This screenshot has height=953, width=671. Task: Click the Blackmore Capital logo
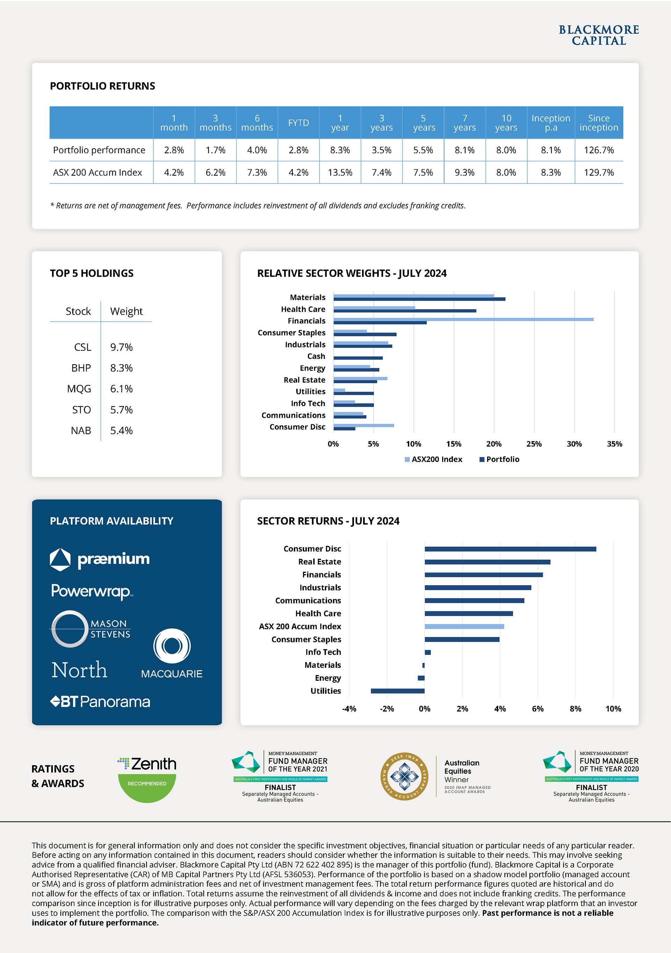coord(598,35)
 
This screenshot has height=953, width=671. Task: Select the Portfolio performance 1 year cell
coord(340,150)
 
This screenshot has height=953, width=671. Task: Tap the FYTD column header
coord(298,123)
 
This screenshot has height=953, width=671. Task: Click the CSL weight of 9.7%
coord(121,347)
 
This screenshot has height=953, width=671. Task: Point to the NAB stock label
coord(81,431)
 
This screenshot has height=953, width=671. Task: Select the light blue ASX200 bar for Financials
coord(463,320)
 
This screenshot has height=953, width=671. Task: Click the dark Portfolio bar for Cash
coord(358,358)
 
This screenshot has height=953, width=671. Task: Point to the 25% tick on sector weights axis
coord(534,444)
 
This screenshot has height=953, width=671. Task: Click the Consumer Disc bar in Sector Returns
coord(510,549)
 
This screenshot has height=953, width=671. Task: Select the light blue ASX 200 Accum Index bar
coord(464,627)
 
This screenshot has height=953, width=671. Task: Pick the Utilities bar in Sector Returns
coord(397,691)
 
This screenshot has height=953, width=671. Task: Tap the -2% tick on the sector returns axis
coord(387,709)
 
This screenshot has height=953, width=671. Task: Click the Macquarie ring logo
coord(172,646)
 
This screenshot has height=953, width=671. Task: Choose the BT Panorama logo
coord(100,702)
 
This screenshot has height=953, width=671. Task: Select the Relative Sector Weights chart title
coord(352,273)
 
